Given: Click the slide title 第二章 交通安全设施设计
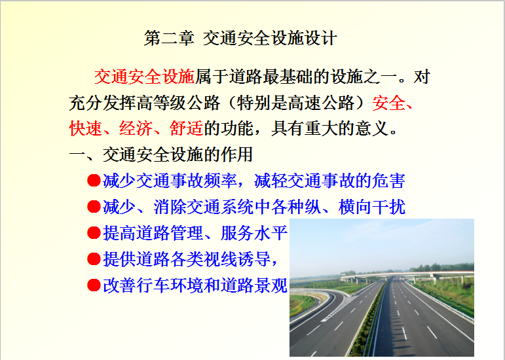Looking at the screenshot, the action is (x=240, y=38).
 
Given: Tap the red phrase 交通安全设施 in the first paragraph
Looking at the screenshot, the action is (x=145, y=77).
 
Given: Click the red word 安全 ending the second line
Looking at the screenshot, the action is (x=388, y=103).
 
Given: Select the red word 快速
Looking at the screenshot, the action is (x=86, y=129).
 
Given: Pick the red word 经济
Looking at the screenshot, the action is (x=136, y=129).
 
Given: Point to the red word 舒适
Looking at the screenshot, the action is (x=186, y=129).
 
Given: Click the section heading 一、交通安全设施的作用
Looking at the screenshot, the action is (x=160, y=154).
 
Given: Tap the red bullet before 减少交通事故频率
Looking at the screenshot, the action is (x=94, y=181).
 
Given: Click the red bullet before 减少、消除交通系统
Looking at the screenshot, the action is (x=94, y=207).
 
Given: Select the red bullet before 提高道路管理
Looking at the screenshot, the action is (x=94, y=232).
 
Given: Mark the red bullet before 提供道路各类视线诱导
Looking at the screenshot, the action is (x=94, y=259).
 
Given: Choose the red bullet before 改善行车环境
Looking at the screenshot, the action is (x=94, y=285).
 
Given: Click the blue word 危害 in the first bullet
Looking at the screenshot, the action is (x=388, y=181).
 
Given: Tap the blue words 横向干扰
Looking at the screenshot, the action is (x=371, y=207).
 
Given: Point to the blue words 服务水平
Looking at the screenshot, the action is (x=253, y=232).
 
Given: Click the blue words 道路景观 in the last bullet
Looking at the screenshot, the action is (x=253, y=285).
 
